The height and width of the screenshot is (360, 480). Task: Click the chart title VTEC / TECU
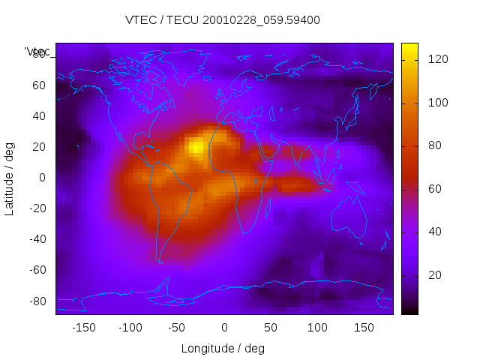coord(223,20)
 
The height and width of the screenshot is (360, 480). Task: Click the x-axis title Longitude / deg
coord(223,349)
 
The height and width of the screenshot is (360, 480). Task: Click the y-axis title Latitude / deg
coord(10,177)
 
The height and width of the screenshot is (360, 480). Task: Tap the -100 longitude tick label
coord(130,328)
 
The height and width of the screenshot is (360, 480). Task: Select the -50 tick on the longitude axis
coord(177,328)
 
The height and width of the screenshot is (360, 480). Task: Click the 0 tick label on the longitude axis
coord(224,328)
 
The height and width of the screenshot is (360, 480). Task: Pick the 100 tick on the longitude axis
coord(318,328)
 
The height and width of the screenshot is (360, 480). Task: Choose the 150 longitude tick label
coord(364,328)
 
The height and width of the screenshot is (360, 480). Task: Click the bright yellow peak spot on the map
coord(196,146)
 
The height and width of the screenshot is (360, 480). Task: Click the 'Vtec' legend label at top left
coord(37,52)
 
